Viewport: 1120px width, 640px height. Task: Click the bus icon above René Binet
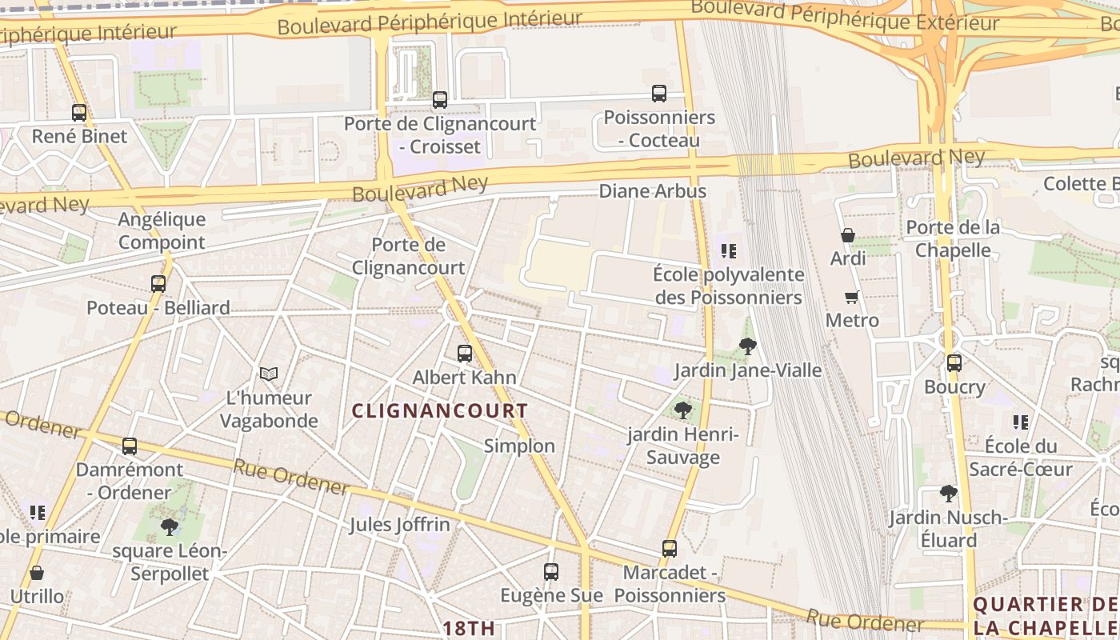79,113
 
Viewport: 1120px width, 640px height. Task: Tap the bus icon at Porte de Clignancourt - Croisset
440,100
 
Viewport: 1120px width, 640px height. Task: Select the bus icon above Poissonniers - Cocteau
659,94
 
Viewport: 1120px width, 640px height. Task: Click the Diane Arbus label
653,191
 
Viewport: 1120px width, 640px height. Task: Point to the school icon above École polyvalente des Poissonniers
728,251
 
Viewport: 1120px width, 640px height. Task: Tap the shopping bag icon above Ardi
848,235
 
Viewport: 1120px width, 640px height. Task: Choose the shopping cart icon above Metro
852,297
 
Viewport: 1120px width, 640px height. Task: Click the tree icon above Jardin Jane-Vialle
748,346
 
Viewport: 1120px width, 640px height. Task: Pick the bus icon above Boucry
954,363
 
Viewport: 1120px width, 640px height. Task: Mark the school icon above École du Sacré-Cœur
1020,422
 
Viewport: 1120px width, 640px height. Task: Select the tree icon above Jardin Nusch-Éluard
948,494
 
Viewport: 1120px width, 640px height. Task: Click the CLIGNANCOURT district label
440,411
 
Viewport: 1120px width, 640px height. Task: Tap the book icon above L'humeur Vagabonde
269,374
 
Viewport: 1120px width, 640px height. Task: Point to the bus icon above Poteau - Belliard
158,283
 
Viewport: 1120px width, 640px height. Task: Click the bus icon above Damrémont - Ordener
130,446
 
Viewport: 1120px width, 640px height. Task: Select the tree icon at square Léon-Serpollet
169,526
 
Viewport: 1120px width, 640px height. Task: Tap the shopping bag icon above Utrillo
37,573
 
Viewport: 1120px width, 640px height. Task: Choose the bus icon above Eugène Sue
551,572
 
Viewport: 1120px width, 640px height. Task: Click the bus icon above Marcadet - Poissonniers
670,549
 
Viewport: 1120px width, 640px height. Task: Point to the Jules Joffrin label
399,526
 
